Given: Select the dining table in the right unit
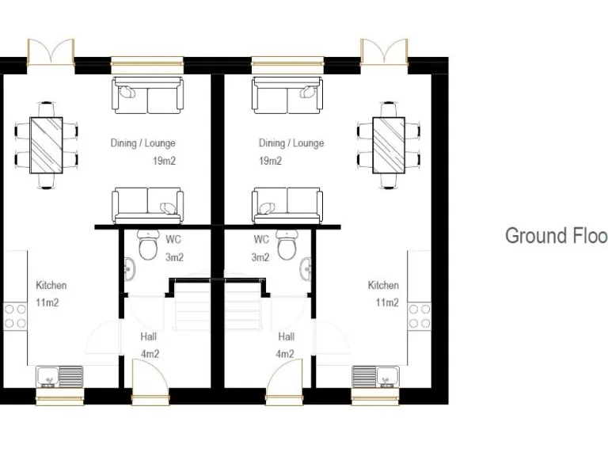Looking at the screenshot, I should tap(389, 145).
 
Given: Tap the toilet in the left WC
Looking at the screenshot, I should tap(147, 247).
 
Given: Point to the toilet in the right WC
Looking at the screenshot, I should tap(286, 247).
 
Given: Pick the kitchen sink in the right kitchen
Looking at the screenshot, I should tap(376, 376).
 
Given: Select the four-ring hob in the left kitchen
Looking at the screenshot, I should tap(15, 316).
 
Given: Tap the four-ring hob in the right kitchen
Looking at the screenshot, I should tap(420, 316).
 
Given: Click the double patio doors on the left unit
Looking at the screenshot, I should tap(51, 53).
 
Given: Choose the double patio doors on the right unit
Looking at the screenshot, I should tap(383, 53).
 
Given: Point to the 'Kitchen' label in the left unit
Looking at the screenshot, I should tap(51, 285).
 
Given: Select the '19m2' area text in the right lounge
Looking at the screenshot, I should tap(270, 161).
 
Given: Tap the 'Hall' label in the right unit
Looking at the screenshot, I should tap(286, 336).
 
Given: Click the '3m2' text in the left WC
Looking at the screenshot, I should tap(174, 257).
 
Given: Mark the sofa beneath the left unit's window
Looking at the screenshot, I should tap(147, 96).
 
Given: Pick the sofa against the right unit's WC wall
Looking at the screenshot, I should tap(287, 205).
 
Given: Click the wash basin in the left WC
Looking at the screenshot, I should tap(127, 270).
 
